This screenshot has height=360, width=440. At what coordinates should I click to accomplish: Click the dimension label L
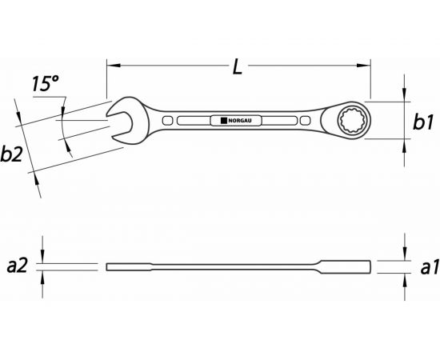point(238,67)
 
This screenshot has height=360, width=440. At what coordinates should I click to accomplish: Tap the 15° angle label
point(45,83)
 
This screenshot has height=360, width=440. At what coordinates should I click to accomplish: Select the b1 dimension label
point(423,122)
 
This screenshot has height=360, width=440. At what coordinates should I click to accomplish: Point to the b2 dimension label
point(11,154)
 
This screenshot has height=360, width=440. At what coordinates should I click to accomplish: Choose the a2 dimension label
point(17,266)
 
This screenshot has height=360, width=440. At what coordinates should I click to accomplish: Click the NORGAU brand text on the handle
point(240,121)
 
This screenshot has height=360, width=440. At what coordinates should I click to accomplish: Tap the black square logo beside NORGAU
point(224,121)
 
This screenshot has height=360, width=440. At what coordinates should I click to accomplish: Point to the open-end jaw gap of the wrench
point(119,125)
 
